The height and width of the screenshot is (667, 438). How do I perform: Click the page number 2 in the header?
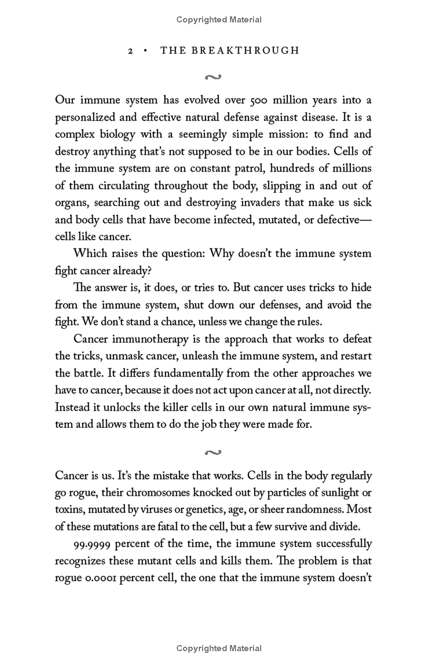[x=130, y=51]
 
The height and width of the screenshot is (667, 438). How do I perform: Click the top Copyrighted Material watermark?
[x=219, y=20]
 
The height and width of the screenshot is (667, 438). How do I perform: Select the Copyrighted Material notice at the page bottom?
[x=219, y=648]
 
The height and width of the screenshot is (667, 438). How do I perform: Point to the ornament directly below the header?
[x=213, y=77]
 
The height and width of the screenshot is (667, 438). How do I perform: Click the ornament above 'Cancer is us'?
[x=213, y=452]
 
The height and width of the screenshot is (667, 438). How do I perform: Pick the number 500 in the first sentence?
[x=261, y=100]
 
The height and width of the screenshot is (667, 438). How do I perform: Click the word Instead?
[x=73, y=407]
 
